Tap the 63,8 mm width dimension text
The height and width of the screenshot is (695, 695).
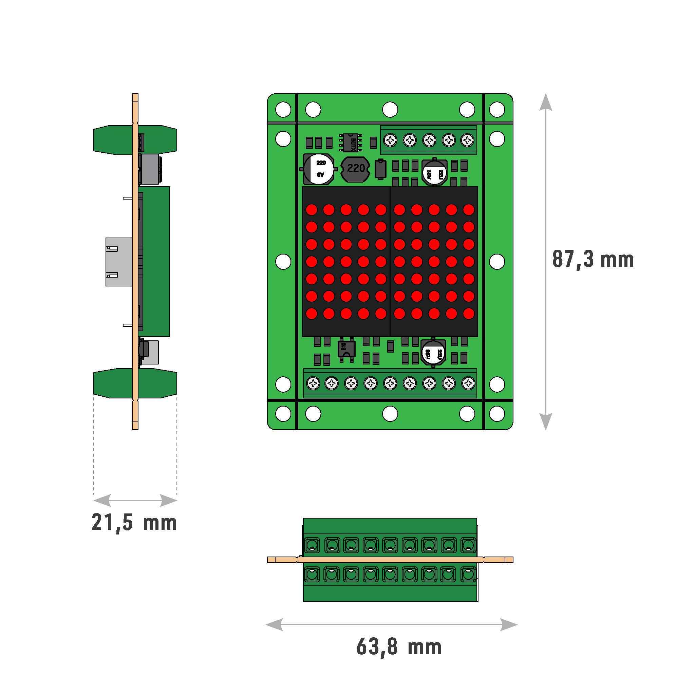click(399, 647)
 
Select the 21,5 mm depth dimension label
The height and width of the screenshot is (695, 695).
click(134, 522)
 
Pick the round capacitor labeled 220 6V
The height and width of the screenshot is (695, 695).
click(318, 169)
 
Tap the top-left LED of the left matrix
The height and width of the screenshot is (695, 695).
click(312, 210)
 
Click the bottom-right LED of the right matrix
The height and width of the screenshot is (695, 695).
click(468, 314)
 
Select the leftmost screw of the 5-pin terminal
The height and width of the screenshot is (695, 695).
click(390, 140)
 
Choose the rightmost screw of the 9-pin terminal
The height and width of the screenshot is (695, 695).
click(468, 383)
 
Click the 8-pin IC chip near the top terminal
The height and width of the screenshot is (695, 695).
click(350, 143)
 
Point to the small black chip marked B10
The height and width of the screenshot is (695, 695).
click(346, 348)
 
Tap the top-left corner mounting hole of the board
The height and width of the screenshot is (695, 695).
click(283, 109)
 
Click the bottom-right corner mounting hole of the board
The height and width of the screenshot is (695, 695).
click(497, 414)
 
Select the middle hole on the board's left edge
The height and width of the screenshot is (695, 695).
click(283, 262)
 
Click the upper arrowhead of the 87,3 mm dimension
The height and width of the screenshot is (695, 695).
click(546, 102)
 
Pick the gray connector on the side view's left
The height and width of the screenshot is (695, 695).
click(119, 262)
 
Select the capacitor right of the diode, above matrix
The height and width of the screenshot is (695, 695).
click(435, 172)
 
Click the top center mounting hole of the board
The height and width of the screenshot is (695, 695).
click(390, 109)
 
